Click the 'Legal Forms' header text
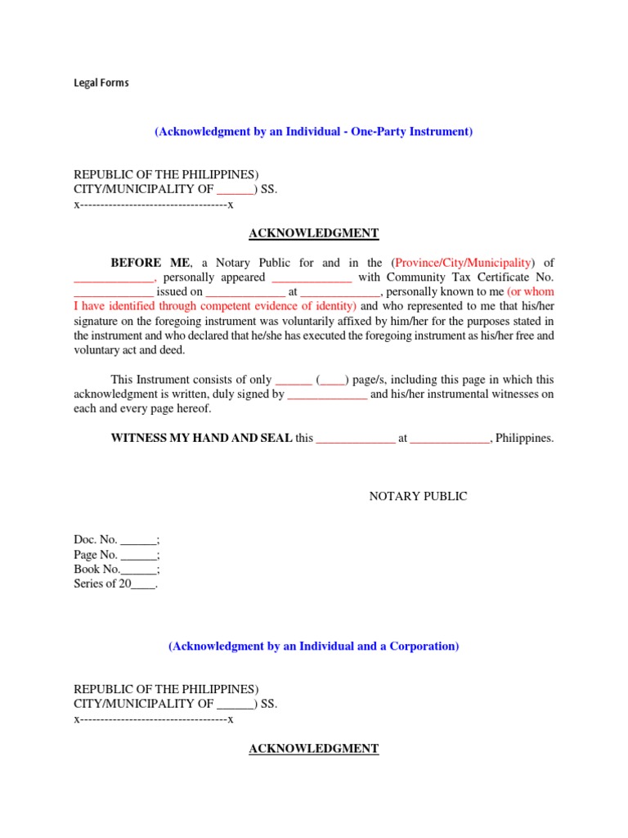101,83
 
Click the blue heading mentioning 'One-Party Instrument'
313,132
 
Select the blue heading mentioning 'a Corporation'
313,647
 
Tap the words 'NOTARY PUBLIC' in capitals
418,497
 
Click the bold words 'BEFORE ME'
150,263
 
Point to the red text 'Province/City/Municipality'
462,263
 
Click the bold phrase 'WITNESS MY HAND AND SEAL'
201,438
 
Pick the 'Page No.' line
116,555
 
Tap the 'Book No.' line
116,570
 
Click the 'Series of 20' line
114,584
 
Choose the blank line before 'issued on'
113,292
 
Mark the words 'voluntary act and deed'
129,350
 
